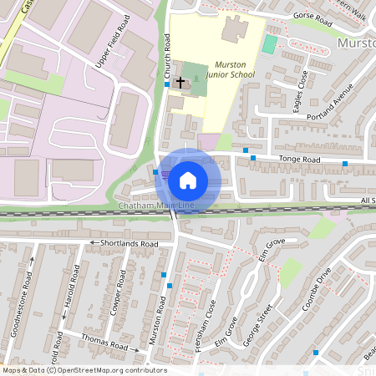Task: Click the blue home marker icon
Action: point(188,180)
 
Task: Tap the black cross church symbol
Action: point(180,83)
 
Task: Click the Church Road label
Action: point(166,55)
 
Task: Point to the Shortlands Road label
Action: point(129,243)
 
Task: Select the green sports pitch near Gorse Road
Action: point(269,43)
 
